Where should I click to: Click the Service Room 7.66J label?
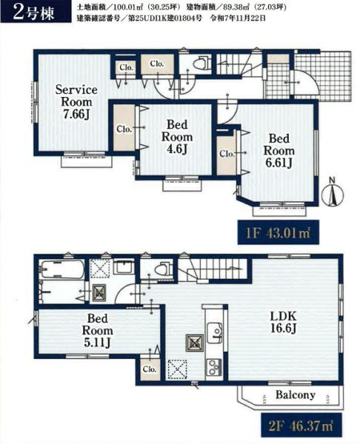[76, 102]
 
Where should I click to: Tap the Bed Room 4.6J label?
[177, 137]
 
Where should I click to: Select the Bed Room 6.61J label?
[279, 151]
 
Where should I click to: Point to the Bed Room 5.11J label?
[97, 331]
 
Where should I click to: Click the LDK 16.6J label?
[283, 322]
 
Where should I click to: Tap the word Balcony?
[296, 395]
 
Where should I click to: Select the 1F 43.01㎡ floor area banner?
[278, 233]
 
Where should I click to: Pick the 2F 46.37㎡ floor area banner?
[301, 425]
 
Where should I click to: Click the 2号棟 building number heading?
[36, 13]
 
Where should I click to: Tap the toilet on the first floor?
[201, 64]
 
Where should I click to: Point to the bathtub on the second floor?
[62, 269]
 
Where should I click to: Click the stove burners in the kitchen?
[214, 367]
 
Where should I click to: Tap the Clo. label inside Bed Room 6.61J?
[227, 154]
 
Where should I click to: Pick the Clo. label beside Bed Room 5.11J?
[150, 369]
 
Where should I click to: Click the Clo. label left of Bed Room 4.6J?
[124, 129]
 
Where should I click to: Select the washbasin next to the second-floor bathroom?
[124, 266]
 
